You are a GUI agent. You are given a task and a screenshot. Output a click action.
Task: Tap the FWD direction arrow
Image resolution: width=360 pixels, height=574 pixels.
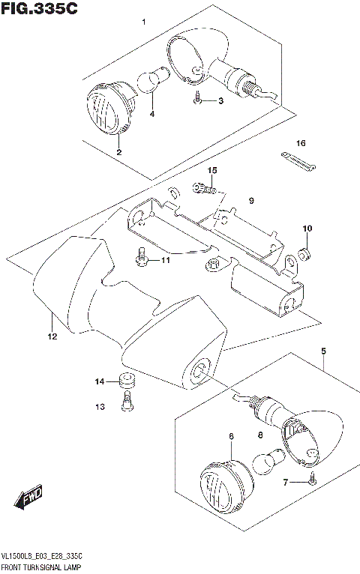29,495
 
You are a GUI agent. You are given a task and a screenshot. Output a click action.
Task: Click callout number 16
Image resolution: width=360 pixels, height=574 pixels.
301,143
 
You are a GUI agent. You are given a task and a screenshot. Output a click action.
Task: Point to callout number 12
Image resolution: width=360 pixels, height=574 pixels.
51,336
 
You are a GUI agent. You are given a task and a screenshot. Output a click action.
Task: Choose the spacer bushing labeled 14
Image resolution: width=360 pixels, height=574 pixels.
126,378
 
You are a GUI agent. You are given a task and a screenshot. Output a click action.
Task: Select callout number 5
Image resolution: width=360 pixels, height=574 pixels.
323,351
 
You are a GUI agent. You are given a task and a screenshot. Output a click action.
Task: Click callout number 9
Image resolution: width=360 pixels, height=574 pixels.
251,201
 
